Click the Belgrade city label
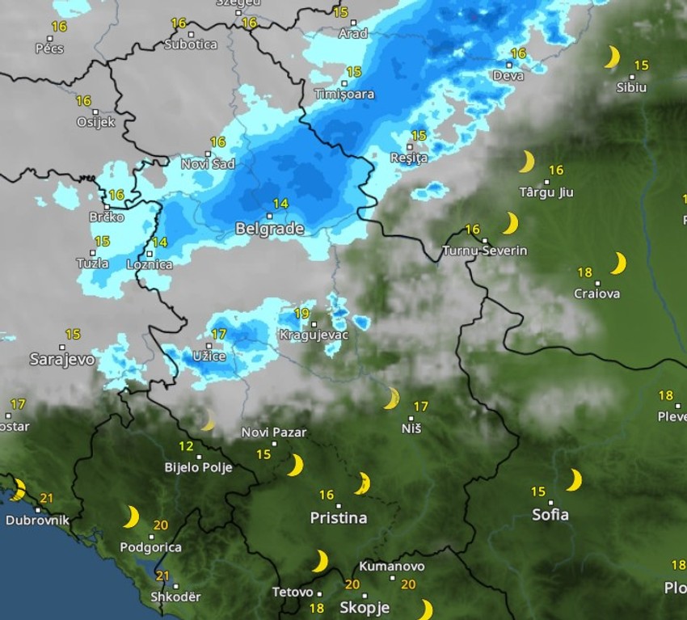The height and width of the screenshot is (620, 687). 269,229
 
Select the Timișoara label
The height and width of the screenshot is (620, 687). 344,94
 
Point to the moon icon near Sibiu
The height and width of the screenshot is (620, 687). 613,57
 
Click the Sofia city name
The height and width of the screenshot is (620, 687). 550,514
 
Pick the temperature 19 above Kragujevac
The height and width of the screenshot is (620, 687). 301,314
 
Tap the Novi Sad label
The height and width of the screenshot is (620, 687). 208,164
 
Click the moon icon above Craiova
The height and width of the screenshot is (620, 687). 618,264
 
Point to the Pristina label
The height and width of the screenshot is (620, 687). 339,517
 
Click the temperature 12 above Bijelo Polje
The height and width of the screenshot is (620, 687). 186,446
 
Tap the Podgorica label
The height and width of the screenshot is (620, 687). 150,547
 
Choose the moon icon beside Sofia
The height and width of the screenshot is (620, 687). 574,480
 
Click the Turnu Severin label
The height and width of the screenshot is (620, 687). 485,251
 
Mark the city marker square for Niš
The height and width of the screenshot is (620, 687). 411,418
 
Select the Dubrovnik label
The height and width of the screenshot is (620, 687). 37,521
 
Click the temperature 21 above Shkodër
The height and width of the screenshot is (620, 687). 163,576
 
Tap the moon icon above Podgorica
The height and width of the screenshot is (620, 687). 131,517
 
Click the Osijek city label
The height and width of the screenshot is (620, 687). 95,122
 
